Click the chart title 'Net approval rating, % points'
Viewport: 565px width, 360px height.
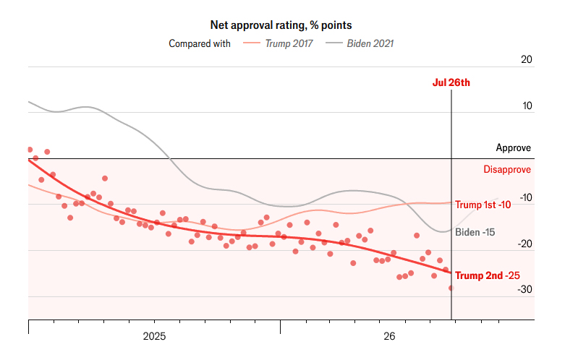point(281,25)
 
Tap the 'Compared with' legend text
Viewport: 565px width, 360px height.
point(200,43)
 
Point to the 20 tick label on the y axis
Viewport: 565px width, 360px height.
point(527,59)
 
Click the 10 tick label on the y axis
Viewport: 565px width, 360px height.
point(527,106)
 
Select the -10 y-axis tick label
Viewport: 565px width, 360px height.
point(526,197)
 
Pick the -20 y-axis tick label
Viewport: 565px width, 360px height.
point(525,244)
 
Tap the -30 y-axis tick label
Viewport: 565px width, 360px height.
point(525,289)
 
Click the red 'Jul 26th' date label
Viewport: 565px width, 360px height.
point(451,82)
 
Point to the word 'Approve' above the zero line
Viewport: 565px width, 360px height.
point(514,147)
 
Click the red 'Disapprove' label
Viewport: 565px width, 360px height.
point(507,169)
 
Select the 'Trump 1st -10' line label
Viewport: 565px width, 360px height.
point(483,205)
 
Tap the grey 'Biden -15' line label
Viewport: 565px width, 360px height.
point(475,232)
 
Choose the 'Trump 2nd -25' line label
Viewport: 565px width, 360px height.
point(488,275)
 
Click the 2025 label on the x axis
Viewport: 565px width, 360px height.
point(154,336)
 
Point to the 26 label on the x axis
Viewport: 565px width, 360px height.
point(389,336)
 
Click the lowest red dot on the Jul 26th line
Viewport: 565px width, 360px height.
point(451,288)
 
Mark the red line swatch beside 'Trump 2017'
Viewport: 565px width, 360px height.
point(252,43)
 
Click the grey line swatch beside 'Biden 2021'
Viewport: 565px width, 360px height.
point(334,43)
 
